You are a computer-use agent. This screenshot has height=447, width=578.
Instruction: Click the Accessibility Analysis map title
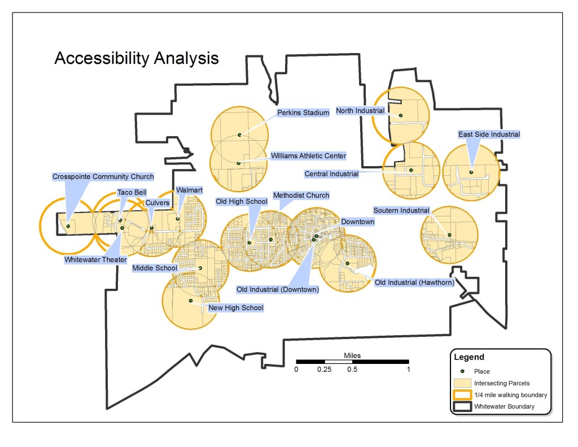point(136,59)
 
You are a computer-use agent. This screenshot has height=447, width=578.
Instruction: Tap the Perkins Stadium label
point(303,112)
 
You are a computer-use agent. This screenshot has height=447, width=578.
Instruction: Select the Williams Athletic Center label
point(308,155)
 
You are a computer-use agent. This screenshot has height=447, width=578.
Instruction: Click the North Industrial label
point(360,111)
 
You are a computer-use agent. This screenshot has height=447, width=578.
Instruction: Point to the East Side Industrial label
point(489,134)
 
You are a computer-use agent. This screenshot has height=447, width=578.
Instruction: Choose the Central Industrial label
point(331,174)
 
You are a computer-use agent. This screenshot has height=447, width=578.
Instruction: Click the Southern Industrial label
point(401,211)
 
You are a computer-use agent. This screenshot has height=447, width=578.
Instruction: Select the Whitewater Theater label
point(95,260)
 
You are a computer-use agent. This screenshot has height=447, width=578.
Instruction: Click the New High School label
point(236,308)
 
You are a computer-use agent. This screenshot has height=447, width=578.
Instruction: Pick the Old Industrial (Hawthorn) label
point(414,282)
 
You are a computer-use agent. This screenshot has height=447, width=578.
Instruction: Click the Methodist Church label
point(301,196)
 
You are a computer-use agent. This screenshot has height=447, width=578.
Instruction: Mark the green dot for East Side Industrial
point(471,172)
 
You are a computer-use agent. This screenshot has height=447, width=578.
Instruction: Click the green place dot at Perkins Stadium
point(240,135)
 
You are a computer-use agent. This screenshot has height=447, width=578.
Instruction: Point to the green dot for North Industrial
point(401,116)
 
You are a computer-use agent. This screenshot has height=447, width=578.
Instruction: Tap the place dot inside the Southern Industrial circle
point(449,235)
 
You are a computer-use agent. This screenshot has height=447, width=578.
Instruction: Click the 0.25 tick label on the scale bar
point(324,370)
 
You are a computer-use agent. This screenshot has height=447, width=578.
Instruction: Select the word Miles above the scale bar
point(352,355)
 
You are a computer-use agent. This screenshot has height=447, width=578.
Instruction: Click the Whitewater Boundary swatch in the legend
point(462,406)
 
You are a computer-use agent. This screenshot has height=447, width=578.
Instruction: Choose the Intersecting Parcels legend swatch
point(462,383)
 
